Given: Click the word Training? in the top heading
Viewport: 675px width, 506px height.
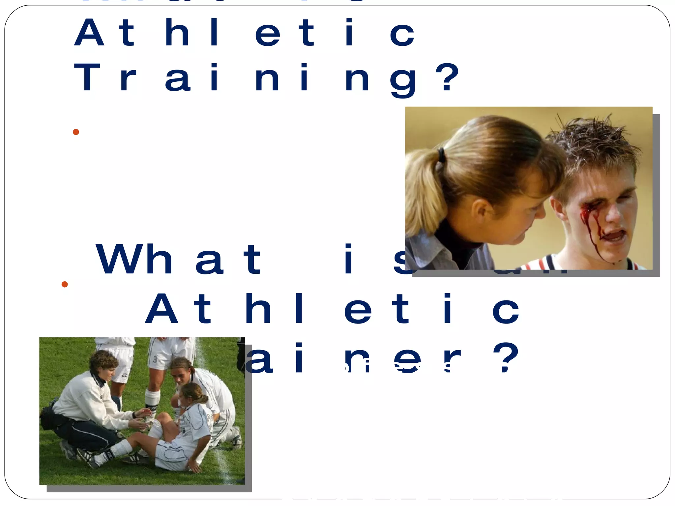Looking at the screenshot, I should click(267, 78).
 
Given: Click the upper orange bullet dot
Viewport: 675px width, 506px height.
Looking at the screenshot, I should click(76, 132).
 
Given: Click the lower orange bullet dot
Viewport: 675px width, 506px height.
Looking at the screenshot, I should click(65, 284).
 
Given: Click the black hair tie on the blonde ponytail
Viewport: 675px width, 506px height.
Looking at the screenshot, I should click(441, 155).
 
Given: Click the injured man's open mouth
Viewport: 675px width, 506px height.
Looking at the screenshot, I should click(612, 235).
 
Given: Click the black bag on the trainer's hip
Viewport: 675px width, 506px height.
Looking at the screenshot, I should click(49, 418).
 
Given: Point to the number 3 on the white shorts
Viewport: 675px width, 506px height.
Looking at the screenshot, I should click(155, 359).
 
